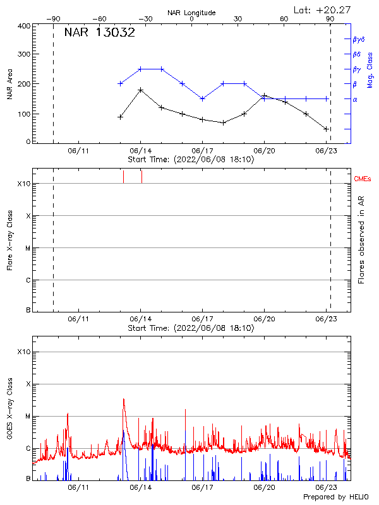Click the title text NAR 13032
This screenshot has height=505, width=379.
point(100,33)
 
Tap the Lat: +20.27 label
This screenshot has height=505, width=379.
point(323,9)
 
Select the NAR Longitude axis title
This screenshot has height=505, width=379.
point(191,12)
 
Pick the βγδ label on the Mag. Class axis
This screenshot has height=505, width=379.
point(358,39)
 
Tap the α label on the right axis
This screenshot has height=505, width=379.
point(355,99)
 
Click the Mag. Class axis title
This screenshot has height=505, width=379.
point(370,69)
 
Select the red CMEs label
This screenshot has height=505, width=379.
point(363,179)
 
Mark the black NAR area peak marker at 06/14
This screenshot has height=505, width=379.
point(141,90)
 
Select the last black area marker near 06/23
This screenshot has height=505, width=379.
point(326,129)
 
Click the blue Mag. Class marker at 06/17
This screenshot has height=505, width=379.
point(202,98)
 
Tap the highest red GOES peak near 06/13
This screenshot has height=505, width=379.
point(124,399)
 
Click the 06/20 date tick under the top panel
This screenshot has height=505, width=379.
point(264,151)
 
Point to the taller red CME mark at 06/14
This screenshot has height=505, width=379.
point(141,176)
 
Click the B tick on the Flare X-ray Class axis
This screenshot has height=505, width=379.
point(28,311)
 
